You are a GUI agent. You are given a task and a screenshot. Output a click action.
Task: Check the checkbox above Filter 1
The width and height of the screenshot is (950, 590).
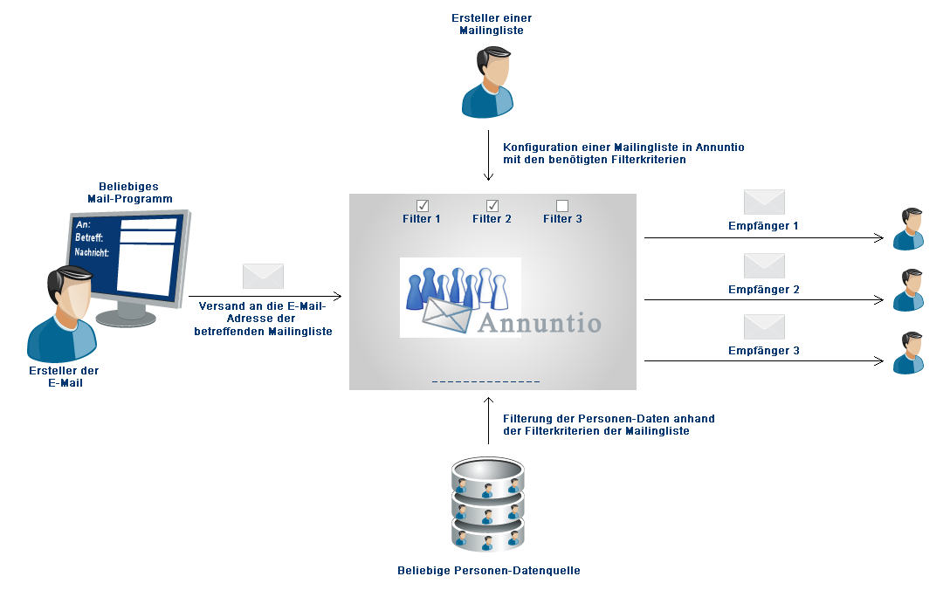pos(423,206)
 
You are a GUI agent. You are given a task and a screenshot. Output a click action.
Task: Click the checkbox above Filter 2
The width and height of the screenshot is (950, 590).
pos(492,206)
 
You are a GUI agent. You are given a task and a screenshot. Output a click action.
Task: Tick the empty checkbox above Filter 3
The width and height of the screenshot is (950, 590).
pos(562,206)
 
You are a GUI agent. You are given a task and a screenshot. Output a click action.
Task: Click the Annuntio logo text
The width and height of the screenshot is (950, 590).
pos(540,323)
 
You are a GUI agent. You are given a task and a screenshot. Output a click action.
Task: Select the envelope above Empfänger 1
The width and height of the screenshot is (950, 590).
pos(764,202)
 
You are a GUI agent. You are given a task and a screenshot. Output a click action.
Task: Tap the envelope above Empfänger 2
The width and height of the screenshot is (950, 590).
pos(764,266)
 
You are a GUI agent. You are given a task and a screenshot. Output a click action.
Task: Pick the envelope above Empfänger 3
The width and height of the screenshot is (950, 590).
pos(764,327)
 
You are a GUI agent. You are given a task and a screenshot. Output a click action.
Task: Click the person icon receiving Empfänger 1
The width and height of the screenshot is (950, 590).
pos(908,229)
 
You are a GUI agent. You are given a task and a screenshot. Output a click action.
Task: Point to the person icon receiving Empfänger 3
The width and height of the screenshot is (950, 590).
pos(908,353)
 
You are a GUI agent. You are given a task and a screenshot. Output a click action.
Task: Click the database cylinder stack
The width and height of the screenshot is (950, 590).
pos(488,504)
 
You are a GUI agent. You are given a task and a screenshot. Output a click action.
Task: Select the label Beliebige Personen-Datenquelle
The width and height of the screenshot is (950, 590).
pos(489,571)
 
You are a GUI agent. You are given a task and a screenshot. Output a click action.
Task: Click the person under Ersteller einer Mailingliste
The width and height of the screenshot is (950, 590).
pos(488,82)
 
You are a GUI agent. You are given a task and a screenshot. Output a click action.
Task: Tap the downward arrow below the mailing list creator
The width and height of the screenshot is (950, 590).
pos(488,155)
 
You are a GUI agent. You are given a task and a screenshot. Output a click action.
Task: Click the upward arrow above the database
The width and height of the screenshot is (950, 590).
pos(488,421)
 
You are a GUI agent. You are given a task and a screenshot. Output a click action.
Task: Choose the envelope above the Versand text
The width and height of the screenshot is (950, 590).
pos(263,276)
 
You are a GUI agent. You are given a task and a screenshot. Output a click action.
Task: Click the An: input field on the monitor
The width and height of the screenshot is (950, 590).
pos(148,224)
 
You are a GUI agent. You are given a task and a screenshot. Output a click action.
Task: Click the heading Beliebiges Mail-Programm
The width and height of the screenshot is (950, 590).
pos(129,193)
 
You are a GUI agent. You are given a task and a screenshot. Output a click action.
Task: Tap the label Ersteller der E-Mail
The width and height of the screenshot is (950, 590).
pos(64,377)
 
